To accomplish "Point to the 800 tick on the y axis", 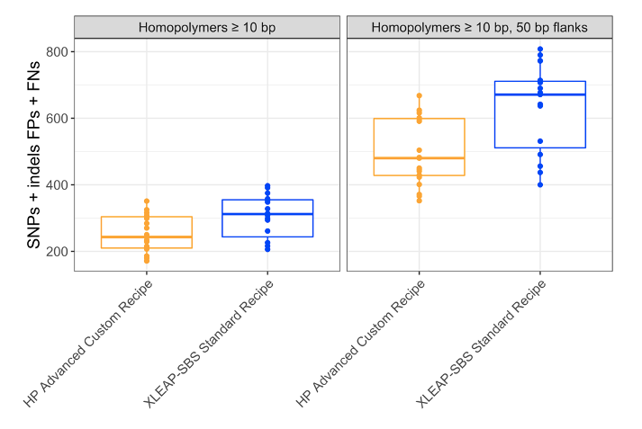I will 56,51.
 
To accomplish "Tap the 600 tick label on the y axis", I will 56,118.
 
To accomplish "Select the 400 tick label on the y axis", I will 56,185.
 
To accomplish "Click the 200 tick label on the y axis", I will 56,252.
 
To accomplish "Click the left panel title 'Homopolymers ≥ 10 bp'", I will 207,27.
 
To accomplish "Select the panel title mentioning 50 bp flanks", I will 479,27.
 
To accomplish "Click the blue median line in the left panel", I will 267,214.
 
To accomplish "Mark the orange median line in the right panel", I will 419,158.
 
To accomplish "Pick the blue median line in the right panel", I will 540,94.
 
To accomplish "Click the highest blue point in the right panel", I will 540,49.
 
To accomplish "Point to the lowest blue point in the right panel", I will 540,184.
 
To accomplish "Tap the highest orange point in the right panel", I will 419,95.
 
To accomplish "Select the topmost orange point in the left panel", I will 146,201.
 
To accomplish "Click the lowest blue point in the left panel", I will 267,249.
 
